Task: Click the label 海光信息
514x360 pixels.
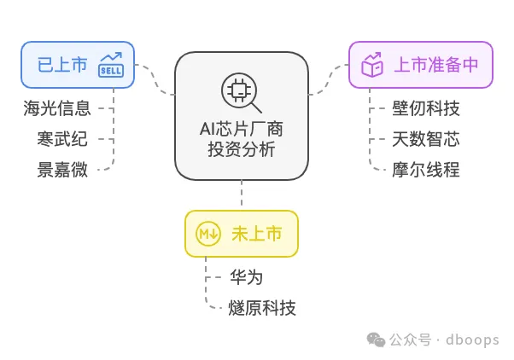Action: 56,108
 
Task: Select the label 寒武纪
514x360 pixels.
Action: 62,138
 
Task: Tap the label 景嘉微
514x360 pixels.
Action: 62,168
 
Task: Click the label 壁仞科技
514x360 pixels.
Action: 426,108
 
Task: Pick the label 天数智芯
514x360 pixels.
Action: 426,138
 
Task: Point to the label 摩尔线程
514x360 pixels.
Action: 426,168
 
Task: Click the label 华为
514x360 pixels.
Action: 247,278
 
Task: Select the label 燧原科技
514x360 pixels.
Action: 262,308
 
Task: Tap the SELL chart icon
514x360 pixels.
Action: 110,64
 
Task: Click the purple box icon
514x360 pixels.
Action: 371,64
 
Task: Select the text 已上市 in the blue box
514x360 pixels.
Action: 62,64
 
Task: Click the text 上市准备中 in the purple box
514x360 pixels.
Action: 435,64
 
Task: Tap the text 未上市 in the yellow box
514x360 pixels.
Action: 256,234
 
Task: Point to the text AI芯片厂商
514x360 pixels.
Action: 242,131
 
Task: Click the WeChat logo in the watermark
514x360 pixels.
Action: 376,340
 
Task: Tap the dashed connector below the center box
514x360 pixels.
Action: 242,195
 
